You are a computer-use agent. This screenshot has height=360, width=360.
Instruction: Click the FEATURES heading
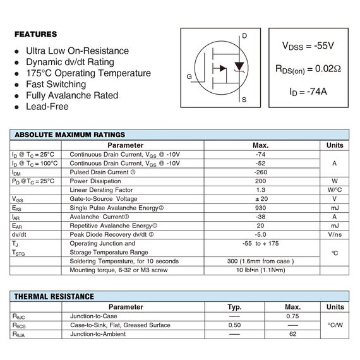point(35,34)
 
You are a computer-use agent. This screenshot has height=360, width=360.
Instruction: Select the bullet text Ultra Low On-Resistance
point(77,51)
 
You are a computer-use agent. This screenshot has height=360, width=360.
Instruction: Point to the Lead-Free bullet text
point(47,107)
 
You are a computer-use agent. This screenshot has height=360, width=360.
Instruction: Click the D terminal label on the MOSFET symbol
point(245,36)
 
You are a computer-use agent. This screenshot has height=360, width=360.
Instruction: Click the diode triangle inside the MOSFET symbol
point(239,66)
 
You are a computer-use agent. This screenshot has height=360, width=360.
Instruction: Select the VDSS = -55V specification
point(308,46)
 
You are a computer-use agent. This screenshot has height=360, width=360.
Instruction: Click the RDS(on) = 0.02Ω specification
point(308,69)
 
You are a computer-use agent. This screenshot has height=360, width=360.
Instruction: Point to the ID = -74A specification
point(308,92)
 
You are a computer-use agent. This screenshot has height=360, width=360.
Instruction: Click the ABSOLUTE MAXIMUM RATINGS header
point(69,135)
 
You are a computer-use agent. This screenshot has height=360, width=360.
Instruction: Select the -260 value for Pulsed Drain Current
point(260,172)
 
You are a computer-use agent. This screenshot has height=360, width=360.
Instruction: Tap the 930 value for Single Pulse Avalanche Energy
point(260,208)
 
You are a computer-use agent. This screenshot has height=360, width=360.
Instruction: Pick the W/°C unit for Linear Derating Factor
point(334,189)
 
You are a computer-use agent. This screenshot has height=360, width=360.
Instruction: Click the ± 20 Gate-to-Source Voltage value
point(260,199)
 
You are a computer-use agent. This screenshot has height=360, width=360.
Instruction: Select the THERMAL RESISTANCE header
point(54,296)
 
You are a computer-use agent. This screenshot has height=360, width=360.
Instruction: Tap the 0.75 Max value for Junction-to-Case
point(292,316)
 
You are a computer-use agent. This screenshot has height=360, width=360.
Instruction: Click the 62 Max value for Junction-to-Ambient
point(292,333)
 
